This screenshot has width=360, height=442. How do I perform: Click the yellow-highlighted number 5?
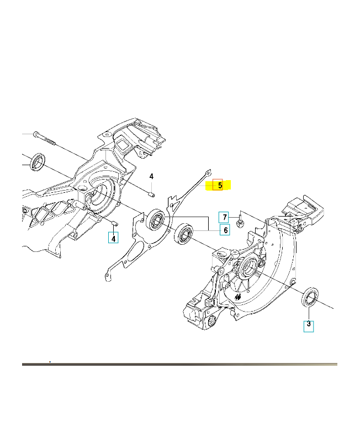[220, 186]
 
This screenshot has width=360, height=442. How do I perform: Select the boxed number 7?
[224, 217]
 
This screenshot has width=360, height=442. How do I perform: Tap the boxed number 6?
[225, 230]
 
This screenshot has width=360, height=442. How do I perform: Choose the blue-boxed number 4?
[114, 239]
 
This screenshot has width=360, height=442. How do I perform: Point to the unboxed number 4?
[151, 176]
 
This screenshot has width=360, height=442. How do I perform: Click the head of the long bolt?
[35, 134]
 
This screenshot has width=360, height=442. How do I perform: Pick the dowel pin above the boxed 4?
[114, 223]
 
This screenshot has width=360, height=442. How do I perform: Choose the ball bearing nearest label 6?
[183, 234]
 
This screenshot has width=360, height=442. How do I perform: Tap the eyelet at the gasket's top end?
[208, 172]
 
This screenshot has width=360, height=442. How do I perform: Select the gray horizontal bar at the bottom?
[179, 364]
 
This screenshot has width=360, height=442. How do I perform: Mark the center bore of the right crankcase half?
[249, 266]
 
